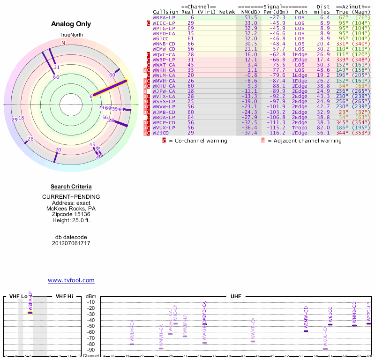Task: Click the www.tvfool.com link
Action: tap(71, 280)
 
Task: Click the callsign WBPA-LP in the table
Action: tap(164, 17)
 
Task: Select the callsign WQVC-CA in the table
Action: tap(164, 54)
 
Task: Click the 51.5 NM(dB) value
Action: tap(251, 17)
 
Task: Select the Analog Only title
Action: tap(71, 24)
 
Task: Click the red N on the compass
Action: tap(63, 43)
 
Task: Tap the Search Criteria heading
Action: tap(71, 187)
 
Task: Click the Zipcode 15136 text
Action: tap(71, 214)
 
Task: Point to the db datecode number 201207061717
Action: tap(71, 243)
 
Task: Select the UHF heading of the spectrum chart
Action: tap(236, 296)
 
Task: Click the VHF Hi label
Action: tap(64, 296)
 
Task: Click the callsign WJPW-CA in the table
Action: tap(164, 91)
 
